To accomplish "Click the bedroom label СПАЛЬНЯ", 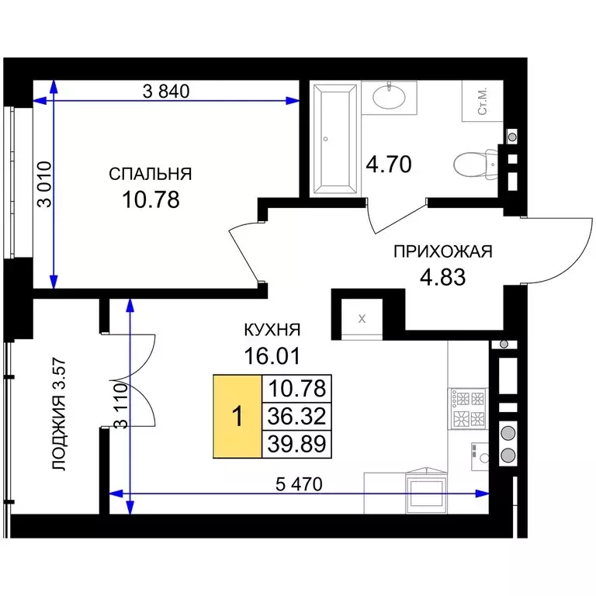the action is coord(151,174).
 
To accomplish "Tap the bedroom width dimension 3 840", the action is coord(166,92).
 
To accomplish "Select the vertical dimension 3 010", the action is coord(45,185).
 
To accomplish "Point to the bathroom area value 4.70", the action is coord(389,165).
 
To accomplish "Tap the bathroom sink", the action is coord(389,96).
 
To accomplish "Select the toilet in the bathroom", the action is coord(475,165).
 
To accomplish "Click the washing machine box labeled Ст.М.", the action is coord(483,101).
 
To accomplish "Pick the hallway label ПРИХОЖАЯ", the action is coord(443,251).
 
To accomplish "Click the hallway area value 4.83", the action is coord(443,277).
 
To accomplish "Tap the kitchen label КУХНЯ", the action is coord(272,330).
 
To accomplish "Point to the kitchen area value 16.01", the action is coord(272,355).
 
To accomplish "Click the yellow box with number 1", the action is coord(237,416).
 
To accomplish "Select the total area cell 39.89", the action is coord(297,444).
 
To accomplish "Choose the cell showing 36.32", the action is coord(297,416).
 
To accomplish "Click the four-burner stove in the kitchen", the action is coord(467,409).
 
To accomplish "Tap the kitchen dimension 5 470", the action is coord(299,484).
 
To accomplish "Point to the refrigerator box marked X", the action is coord(362,318).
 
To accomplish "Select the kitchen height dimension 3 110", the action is coord(122,406).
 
